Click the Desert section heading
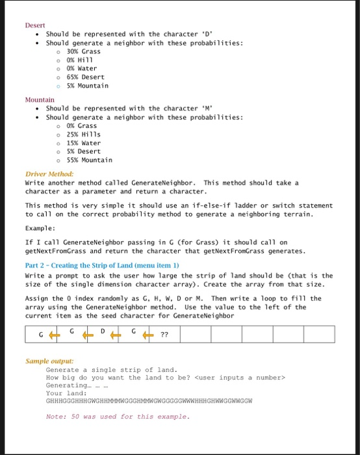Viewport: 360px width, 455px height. pos(35,25)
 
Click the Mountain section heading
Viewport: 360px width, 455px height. pos(39,99)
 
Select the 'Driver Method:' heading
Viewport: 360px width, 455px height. pos(49,174)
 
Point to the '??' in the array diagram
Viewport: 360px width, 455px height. pos(164,335)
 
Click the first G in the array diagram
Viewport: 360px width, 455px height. pos(41,335)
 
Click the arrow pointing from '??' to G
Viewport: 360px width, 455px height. pos(148,335)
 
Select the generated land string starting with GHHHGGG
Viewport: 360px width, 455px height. pos(148,401)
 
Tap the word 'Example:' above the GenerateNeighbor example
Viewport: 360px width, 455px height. pos(41,229)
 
